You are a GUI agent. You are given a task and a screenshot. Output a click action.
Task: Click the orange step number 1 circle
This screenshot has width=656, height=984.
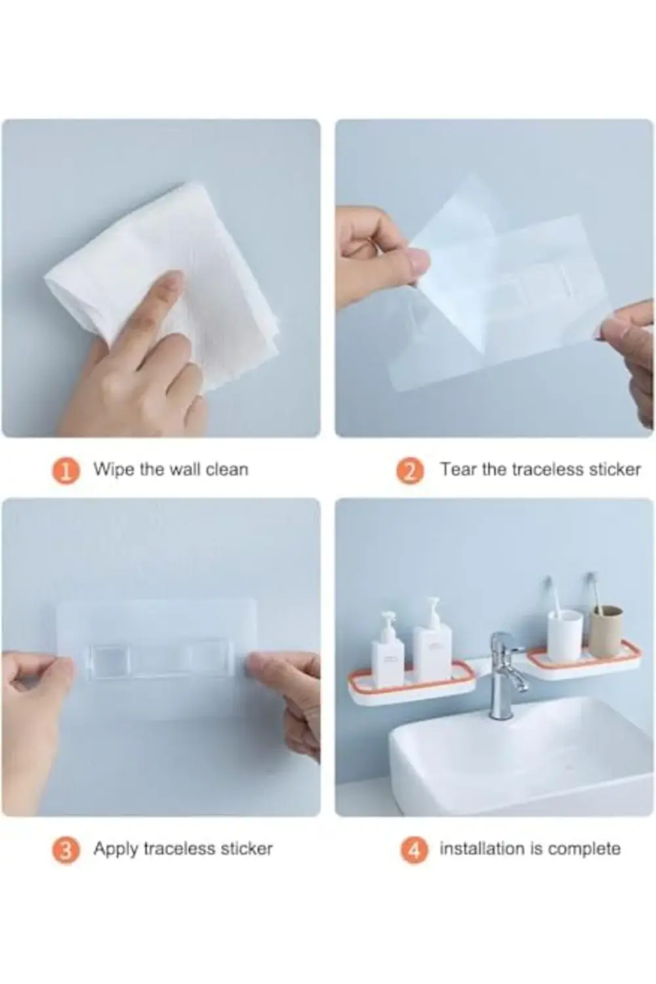(x=66, y=470)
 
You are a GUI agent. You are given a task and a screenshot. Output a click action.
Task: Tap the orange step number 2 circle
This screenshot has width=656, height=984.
(x=410, y=470)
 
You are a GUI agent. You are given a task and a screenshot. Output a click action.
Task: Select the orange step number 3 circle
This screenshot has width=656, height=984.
(x=66, y=850)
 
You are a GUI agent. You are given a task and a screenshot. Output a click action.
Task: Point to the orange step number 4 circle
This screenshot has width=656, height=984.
(x=414, y=850)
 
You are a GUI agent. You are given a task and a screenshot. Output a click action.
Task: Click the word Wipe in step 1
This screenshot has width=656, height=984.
(x=113, y=470)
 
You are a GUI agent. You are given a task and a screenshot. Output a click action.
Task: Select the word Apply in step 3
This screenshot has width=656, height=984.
(x=116, y=849)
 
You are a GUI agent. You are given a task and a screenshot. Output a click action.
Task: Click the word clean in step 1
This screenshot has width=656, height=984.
(x=227, y=470)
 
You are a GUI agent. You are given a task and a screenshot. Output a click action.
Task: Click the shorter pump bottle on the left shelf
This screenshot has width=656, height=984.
(x=387, y=649)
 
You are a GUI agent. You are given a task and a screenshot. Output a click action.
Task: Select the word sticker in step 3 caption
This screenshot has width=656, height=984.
(x=246, y=849)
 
